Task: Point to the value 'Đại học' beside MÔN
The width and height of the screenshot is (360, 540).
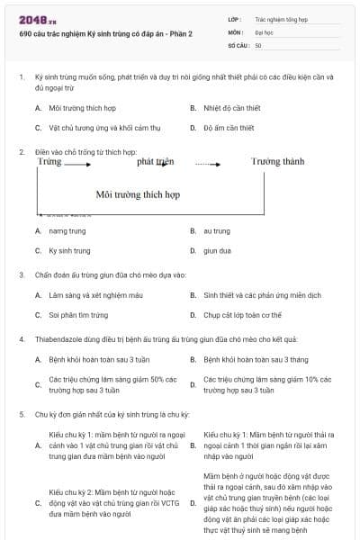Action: [265, 31]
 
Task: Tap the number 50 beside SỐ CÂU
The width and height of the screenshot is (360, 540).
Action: [258, 44]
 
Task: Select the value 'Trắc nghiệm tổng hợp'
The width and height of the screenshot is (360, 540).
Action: [281, 19]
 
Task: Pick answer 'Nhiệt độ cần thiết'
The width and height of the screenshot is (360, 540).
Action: [230, 108]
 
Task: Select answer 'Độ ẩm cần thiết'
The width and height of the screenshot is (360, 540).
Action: [229, 128]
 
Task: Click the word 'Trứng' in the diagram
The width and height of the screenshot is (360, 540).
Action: [50, 162]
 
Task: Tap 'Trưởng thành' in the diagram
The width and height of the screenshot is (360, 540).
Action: [277, 162]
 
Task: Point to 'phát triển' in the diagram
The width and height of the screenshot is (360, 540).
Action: [155, 162]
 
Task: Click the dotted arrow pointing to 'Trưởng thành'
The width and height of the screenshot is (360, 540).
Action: [207, 164]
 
